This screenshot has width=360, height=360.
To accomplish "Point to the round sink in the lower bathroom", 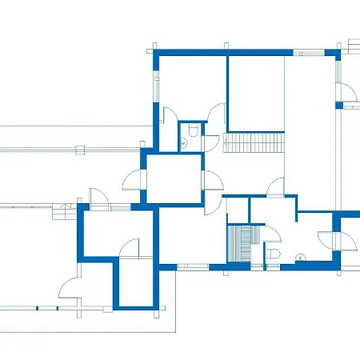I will click(x=299, y=257).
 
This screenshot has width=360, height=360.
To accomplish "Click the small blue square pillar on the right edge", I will click(x=339, y=102).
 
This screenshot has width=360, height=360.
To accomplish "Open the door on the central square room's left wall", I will click(x=133, y=181).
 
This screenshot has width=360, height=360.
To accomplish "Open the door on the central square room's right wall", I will click(x=212, y=181).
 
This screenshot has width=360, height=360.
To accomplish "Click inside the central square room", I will click(x=173, y=178).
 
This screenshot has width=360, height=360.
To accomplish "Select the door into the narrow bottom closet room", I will click(x=129, y=249).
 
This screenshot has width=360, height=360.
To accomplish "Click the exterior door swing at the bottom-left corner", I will click(x=70, y=288).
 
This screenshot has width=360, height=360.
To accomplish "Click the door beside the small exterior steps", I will click(x=98, y=198).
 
